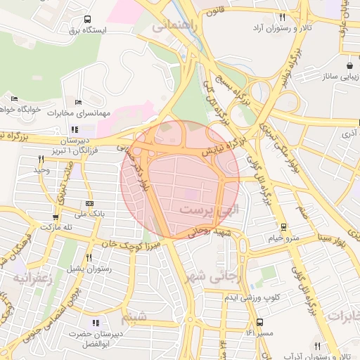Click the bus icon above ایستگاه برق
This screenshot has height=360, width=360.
(87, 20)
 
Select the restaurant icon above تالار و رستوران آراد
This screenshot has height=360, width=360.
(282, 18)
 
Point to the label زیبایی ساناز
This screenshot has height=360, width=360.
(337, 75)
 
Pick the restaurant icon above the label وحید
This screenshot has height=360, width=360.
(41, 159)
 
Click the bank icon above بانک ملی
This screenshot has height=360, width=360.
(88, 203)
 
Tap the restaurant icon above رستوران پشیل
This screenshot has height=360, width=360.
(89, 257)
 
